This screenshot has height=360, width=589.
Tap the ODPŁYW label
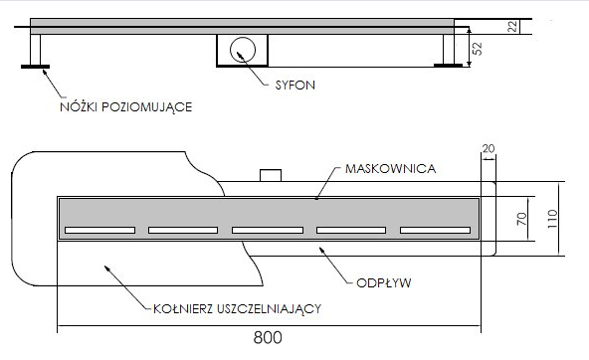[x=384, y=282]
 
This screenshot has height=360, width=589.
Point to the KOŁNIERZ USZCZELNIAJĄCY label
[x=238, y=307]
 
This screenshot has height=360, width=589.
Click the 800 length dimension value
[x=267, y=339]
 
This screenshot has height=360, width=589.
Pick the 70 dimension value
[x=517, y=218]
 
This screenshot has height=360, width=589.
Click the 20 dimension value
[x=488, y=149]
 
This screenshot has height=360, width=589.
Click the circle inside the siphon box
[x=242, y=48]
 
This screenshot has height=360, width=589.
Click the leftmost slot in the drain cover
[x=99, y=231]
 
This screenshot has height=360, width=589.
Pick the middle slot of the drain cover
[x=267, y=231]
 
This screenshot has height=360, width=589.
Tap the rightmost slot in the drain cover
[x=434, y=231]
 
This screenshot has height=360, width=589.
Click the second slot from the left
[x=183, y=231]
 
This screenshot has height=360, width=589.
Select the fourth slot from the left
[x=350, y=231]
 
